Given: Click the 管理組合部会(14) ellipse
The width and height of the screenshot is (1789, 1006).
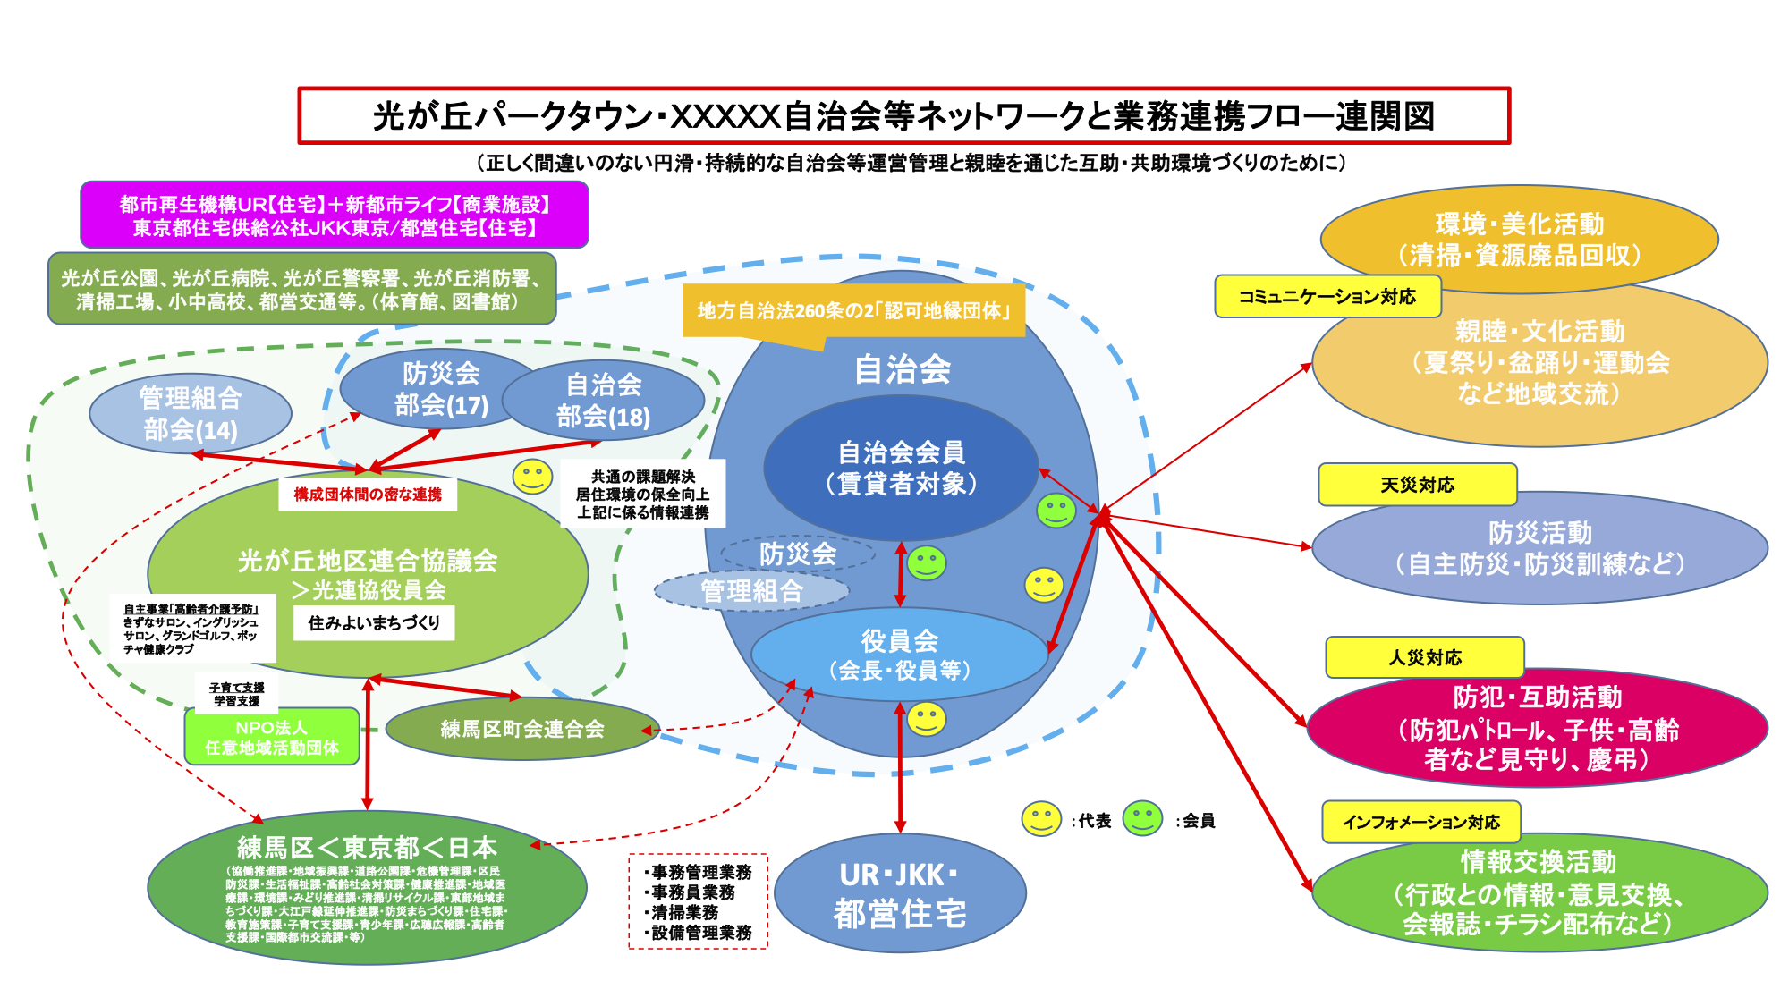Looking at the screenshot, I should pos(191,413).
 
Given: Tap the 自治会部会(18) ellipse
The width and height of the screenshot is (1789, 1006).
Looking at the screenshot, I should pos(604,401).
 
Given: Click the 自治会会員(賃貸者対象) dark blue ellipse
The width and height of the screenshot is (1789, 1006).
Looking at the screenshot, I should pos(901,468).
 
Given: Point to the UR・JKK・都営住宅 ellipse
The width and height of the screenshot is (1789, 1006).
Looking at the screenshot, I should pos(900,893).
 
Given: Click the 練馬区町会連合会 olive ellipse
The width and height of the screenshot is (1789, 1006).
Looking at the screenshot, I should pos(522,729).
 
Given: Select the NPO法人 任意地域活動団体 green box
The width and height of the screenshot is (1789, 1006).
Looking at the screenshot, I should pos(272,737).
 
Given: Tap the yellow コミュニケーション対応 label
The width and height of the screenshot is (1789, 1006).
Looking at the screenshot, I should pos(1327,297).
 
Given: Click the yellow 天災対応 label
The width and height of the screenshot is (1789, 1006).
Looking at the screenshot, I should pos(1417,485).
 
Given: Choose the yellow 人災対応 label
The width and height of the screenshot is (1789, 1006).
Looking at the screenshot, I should pos(1424,657).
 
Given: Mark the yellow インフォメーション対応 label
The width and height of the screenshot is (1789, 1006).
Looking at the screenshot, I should pos(1420,822).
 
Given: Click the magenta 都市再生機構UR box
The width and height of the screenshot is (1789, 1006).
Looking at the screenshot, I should pos(335,216).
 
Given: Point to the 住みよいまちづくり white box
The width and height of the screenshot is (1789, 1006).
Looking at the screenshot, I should pos(374,623).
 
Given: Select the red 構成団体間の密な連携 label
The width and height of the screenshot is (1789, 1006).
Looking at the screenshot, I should pos(368,494).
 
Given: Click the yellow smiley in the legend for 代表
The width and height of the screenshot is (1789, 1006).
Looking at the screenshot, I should pos(1041,818).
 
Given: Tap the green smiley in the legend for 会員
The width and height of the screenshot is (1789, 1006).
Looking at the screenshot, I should pos(1142,818).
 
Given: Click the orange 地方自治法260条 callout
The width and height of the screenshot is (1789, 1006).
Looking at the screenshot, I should pos(853,311).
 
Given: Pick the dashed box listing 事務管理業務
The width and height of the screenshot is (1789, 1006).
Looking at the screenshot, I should pos(699,901).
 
